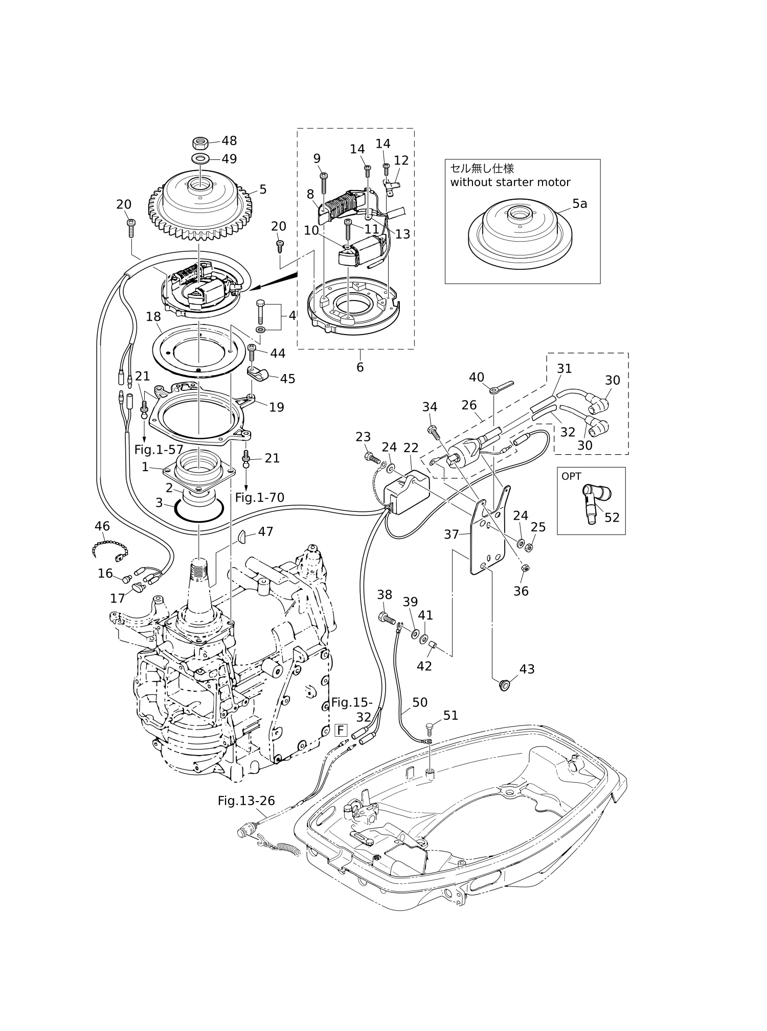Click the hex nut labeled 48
click(x=200, y=142)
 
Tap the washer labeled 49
click(x=200, y=158)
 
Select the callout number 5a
click(x=579, y=204)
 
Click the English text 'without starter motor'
click(x=510, y=182)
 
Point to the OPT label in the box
click(x=571, y=476)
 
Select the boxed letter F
click(x=341, y=730)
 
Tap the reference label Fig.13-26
click(x=246, y=801)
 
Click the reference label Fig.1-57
click(x=159, y=450)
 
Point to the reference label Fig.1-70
click(x=260, y=497)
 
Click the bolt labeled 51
click(x=429, y=730)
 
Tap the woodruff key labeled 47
click(x=242, y=536)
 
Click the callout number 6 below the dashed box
click(x=360, y=367)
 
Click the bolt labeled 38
click(x=387, y=618)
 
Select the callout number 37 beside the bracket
click(x=452, y=534)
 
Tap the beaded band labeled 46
click(x=109, y=549)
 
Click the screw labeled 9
click(x=324, y=182)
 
